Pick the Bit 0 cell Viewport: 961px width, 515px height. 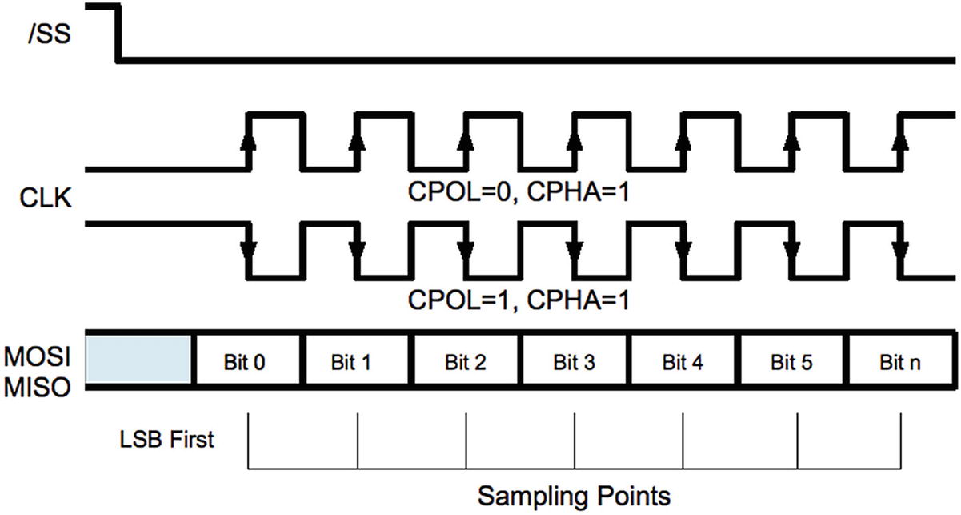point(247,361)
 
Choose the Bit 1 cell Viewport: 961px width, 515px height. point(356,361)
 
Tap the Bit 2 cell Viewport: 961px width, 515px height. point(466,361)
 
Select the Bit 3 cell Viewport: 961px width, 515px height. point(575,361)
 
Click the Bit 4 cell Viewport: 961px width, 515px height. point(683,361)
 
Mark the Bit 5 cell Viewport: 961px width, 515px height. point(792,361)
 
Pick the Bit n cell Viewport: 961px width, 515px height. point(899,361)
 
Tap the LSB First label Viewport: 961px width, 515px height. point(166,439)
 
